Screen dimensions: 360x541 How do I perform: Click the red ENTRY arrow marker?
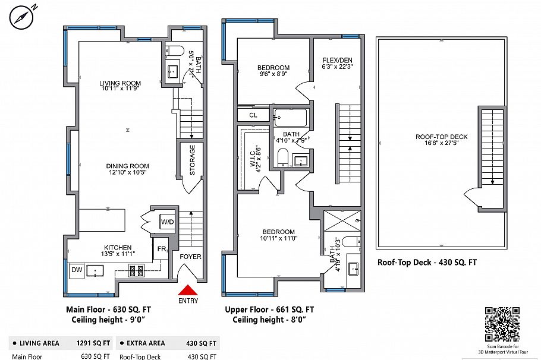pos(188,290)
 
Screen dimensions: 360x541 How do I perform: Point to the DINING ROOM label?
pos(127,166)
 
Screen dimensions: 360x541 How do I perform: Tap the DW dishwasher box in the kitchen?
pos(76,271)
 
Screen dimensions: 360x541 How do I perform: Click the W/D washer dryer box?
pos(167,222)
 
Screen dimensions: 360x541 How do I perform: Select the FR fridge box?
pos(161,250)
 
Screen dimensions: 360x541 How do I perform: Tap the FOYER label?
pos(190,257)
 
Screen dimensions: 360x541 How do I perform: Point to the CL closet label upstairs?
pos(253,115)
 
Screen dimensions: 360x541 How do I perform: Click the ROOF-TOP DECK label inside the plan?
pos(441,137)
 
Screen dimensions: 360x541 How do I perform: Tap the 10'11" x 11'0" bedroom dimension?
pos(278,238)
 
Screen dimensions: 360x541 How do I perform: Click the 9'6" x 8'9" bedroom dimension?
pos(274,74)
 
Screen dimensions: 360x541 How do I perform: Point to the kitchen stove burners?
pos(136,271)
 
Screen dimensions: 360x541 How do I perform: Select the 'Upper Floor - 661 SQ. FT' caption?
pos(269,310)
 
